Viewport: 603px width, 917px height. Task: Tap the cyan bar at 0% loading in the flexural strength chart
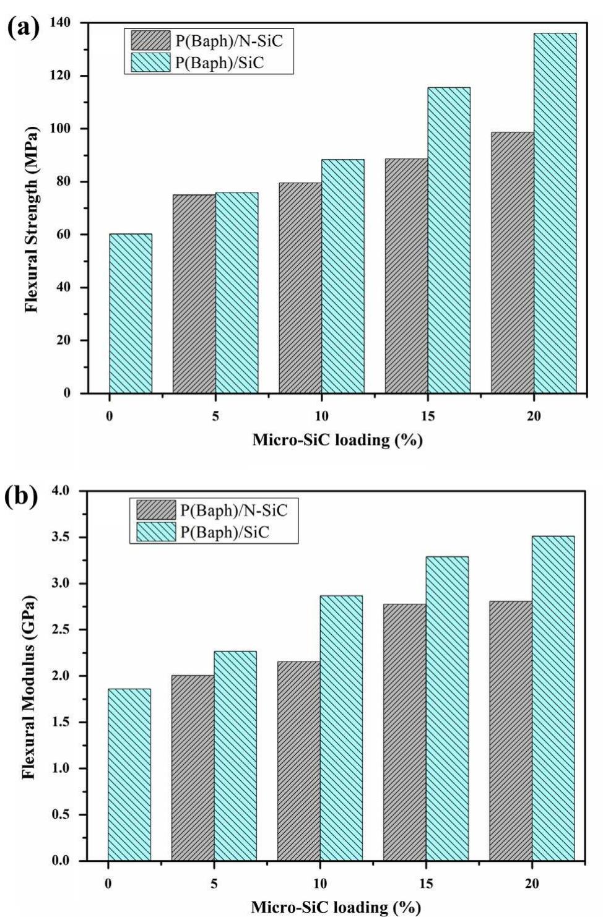(x=131, y=313)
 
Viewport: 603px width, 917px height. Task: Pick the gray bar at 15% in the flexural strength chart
(x=406, y=276)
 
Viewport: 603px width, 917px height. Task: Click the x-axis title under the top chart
(x=337, y=441)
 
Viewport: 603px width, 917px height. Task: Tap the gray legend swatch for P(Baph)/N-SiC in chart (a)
(x=150, y=41)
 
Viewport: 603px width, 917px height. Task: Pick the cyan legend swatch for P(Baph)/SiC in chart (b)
(x=155, y=532)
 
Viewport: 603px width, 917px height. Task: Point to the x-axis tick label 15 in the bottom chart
(x=426, y=884)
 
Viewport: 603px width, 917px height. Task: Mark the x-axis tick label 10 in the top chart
(x=321, y=416)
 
